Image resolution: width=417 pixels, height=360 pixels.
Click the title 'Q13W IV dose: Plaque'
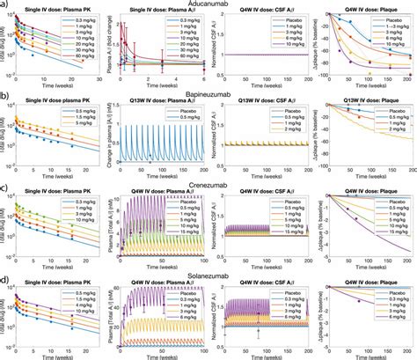point(363,103)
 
